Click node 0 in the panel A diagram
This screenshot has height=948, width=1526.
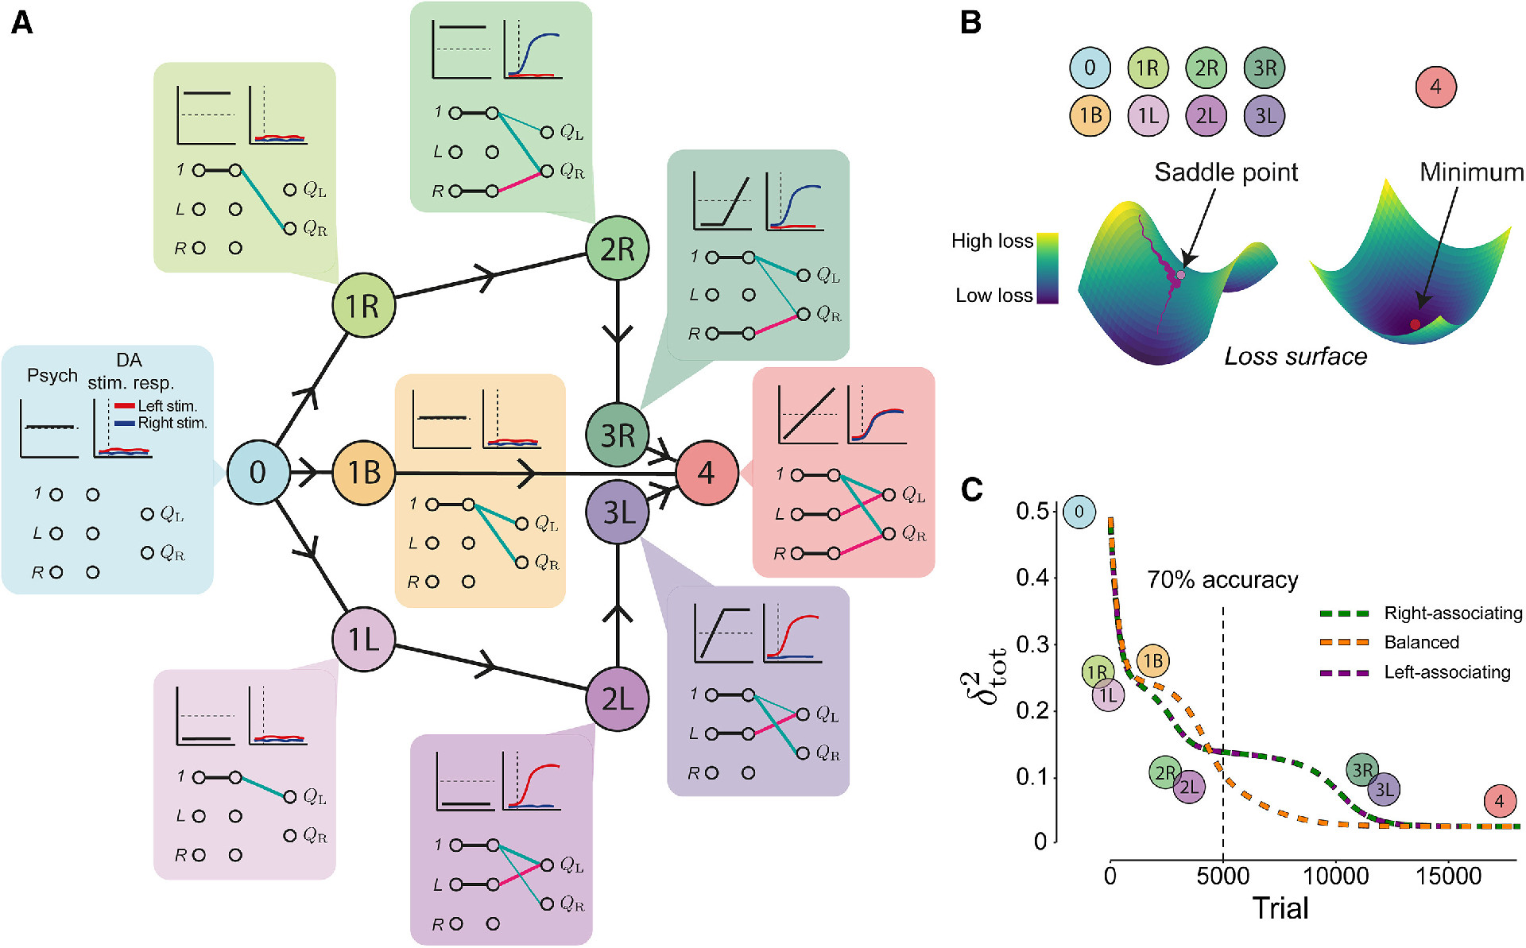[258, 472]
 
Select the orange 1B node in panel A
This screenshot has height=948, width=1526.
[363, 472]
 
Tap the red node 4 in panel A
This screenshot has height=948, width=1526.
[707, 473]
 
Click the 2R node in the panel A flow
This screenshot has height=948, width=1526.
[618, 249]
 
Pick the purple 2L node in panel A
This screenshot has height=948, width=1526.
[618, 698]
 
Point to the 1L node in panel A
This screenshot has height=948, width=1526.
[363, 639]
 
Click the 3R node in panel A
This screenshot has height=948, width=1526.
[618, 435]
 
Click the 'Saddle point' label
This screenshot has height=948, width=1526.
[1226, 172]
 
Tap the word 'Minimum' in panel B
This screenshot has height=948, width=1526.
[1471, 172]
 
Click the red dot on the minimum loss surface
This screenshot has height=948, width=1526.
[1415, 323]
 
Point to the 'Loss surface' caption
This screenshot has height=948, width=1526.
[1296, 356]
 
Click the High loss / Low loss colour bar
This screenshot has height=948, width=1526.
[1048, 268]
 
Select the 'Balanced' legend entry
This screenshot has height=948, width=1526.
[1421, 642]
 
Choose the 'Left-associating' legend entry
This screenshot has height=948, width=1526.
[1447, 672]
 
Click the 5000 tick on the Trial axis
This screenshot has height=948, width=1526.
[1222, 876]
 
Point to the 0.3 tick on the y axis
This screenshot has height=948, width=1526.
[1032, 644]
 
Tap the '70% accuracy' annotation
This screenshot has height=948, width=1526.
[1222, 580]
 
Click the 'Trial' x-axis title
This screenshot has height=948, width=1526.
[1280, 908]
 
